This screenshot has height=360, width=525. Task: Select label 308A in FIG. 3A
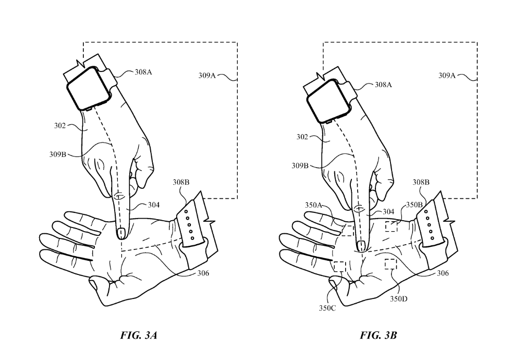click(143, 73)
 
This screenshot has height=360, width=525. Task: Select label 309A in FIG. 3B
click(446, 75)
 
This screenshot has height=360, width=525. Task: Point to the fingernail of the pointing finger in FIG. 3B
click(360, 244)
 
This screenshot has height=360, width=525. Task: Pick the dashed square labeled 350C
click(339, 266)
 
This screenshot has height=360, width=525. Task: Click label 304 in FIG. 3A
click(153, 205)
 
